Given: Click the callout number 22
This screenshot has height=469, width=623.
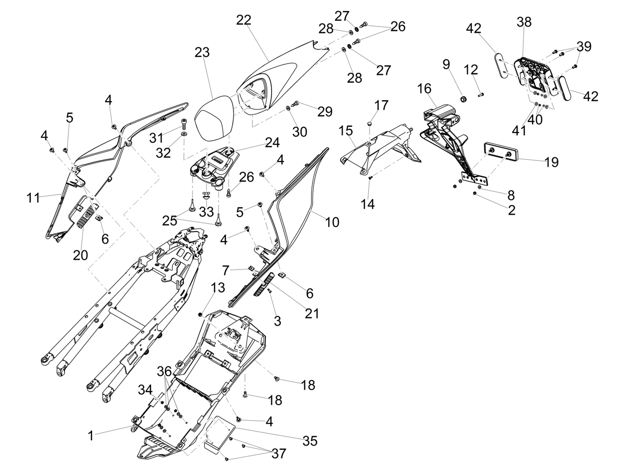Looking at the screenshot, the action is point(244,20).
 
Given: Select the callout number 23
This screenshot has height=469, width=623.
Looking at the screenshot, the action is point(202,52).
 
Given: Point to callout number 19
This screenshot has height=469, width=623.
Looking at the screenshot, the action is point(551,162).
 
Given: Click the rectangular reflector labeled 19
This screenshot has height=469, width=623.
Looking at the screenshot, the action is point(501,154).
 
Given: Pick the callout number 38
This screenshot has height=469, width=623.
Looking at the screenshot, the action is point(524,22).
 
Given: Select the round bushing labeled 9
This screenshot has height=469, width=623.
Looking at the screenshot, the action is point(464,99).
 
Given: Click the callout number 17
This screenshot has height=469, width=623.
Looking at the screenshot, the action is point(381,105).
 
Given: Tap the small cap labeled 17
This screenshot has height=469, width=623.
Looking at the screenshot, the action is point(370,124).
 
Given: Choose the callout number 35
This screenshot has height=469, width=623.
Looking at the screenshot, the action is point(309,441).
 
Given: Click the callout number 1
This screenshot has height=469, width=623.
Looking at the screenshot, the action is point(90,436).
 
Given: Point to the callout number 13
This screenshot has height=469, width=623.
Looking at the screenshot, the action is point(218,288).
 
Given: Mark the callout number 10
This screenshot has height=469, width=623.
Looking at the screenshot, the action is point(332,222).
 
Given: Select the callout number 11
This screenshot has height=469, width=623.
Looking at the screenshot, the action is point(33,197).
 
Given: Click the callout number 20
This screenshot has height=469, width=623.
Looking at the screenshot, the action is point(80,255).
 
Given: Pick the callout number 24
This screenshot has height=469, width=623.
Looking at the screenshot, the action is point(272,142).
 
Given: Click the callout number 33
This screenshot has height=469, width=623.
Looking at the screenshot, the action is point(206,211).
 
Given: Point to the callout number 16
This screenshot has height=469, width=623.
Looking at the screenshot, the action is point(424,89).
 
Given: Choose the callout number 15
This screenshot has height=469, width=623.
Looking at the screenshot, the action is point(346,131).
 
